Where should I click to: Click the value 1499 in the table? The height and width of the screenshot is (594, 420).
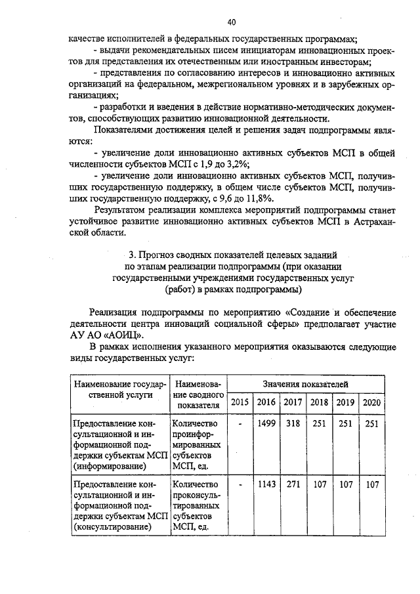point(266,424)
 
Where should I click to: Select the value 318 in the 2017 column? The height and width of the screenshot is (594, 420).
point(292,424)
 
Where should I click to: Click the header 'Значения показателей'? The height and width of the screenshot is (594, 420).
point(305,383)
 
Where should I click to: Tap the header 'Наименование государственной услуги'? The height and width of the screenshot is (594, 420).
point(119,389)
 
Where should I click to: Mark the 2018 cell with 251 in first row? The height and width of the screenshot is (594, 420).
point(319,424)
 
